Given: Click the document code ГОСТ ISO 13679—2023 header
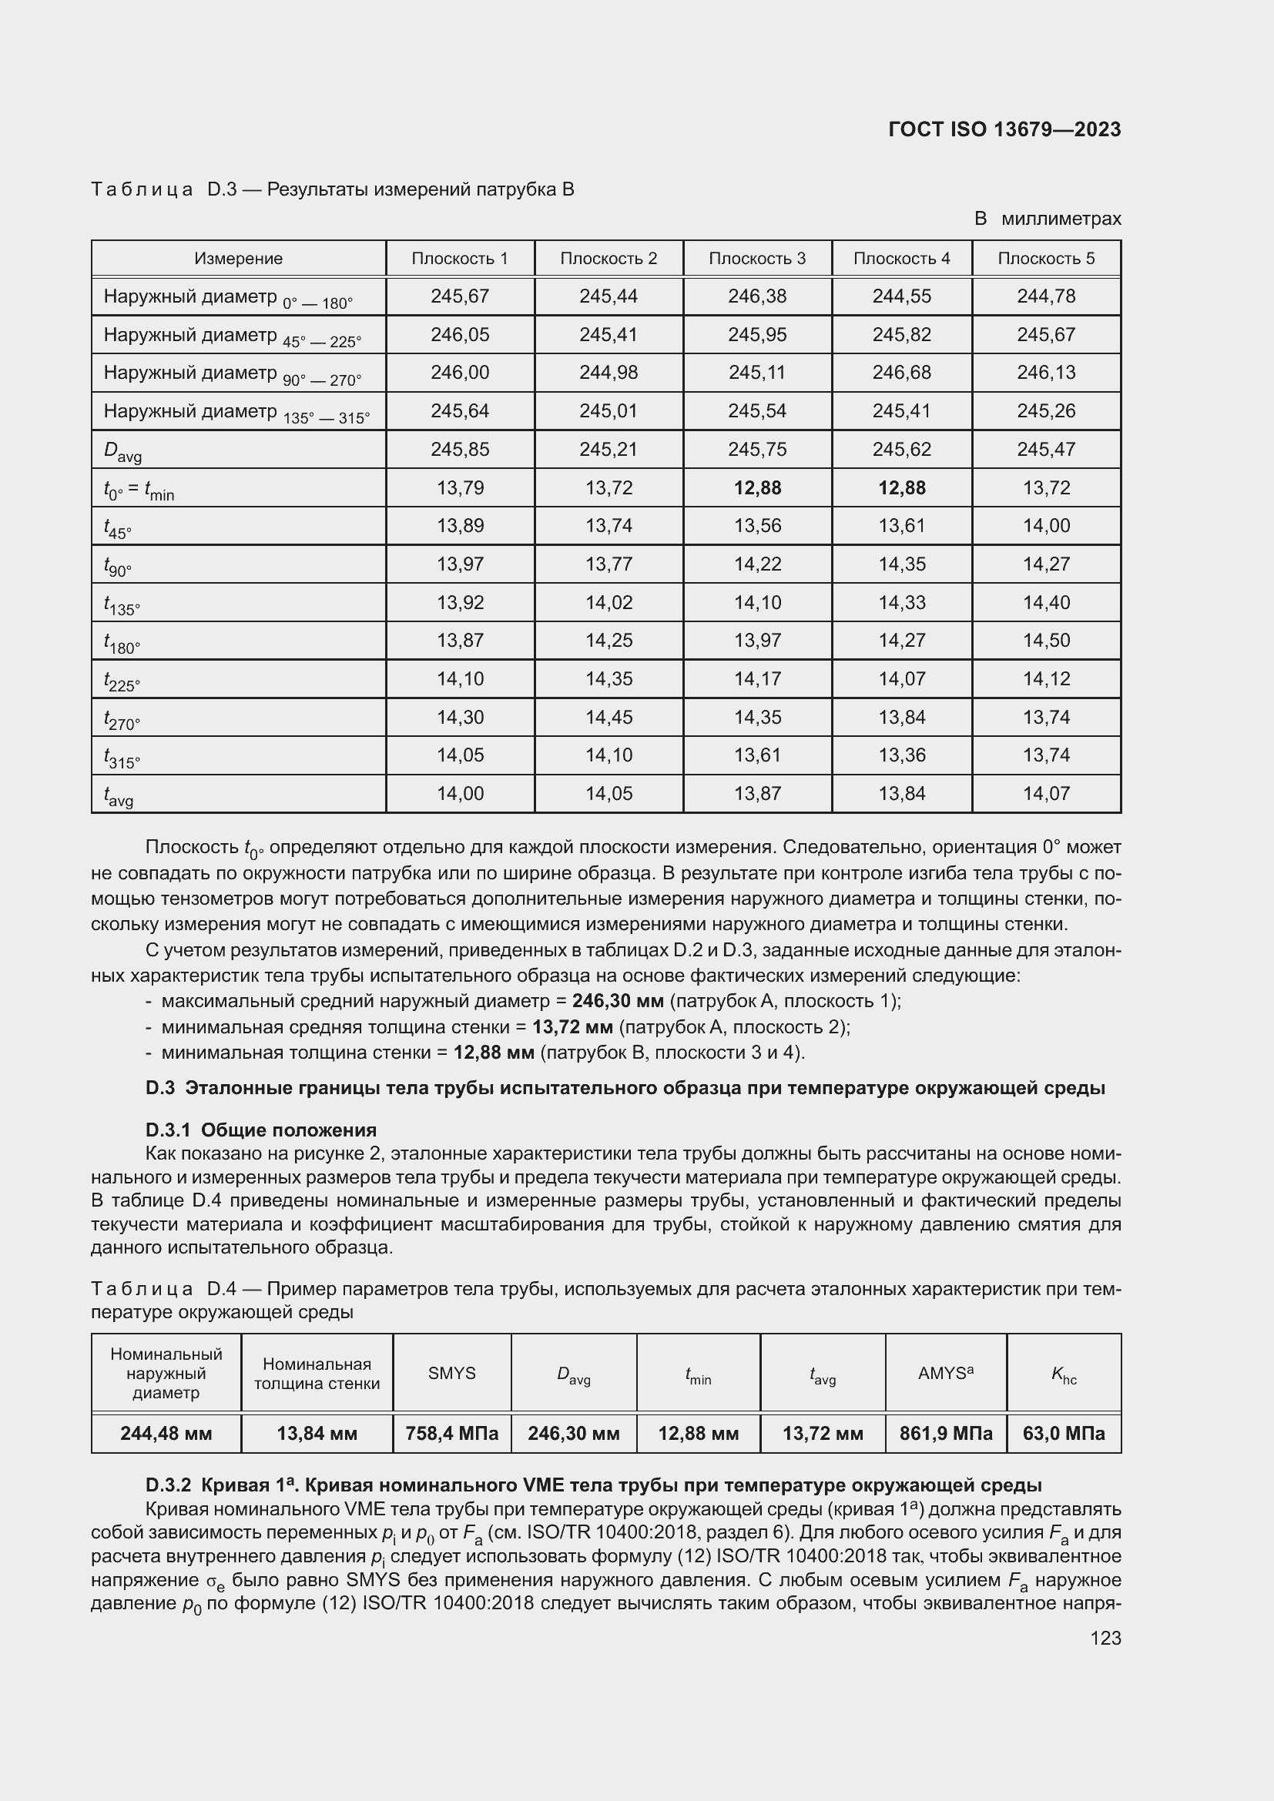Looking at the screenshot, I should (1004, 129).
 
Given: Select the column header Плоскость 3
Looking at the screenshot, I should (757, 258).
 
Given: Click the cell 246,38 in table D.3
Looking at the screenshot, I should (757, 296).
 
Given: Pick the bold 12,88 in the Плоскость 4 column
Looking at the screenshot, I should (901, 488).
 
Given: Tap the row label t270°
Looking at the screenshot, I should (122, 719).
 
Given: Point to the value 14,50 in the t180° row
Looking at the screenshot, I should (1046, 640).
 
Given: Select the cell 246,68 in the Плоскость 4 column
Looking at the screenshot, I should (901, 373).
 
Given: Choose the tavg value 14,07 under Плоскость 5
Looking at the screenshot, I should (1046, 794).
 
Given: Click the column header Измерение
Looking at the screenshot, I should (239, 258).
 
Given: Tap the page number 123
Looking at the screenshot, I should (1105, 1638).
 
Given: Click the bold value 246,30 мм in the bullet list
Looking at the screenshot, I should (618, 1001).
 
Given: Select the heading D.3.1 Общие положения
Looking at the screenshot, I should (260, 1130).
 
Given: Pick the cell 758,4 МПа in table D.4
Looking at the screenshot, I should (452, 1434).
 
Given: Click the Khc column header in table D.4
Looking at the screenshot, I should (1064, 1374).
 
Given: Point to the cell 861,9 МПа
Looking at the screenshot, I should (945, 1434).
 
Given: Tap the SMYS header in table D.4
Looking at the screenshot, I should (452, 1374).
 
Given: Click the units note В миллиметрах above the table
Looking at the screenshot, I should (1048, 219).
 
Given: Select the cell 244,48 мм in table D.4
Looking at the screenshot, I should (166, 1434).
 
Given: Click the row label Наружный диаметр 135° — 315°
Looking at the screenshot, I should (236, 412).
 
